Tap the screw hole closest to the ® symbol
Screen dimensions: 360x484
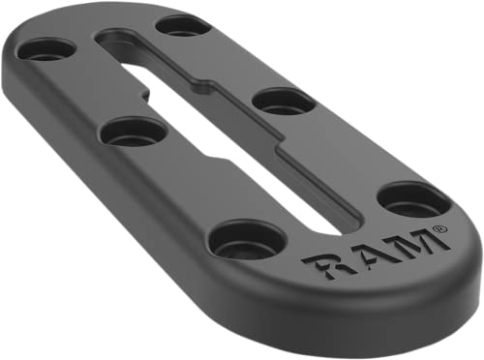tap(413, 198)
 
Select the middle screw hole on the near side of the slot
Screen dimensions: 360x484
tap(134, 130)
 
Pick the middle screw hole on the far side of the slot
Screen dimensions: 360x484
tap(284, 100)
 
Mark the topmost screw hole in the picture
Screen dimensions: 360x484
tap(182, 24)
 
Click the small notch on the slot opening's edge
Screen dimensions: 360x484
tap(146, 97)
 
